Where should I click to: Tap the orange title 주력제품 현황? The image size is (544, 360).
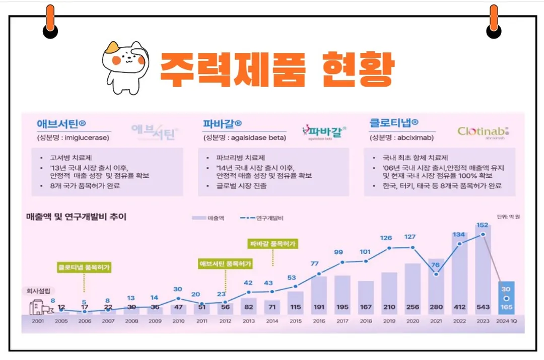(276, 69)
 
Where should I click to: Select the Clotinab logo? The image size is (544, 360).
(483, 132)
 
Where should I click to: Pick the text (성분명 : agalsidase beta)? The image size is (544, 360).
(244, 137)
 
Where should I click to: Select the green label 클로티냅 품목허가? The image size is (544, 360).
(84, 267)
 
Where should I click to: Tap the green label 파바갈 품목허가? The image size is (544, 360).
(273, 244)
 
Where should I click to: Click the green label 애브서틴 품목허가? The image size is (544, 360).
(225, 263)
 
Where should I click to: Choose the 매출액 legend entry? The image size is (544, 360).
(209, 218)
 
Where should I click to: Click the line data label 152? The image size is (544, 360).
(483, 225)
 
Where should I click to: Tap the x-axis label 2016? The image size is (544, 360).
(319, 320)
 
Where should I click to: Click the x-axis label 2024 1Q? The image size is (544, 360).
(506, 320)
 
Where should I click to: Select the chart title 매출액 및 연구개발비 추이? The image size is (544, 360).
(76, 217)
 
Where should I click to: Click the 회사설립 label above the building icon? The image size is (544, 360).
(38, 291)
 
